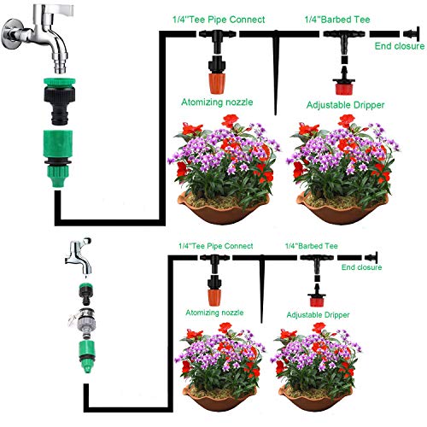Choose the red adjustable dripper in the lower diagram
coord(316,296)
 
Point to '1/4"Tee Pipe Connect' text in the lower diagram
coord(213,245)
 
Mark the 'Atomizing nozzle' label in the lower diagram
coord(213,313)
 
